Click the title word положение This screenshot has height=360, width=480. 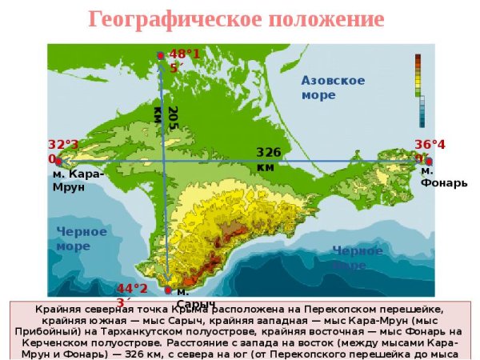click(318, 19)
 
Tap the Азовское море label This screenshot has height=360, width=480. click(333, 87)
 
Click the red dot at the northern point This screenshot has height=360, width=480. click(161, 55)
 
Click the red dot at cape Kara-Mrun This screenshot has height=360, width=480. click(58, 161)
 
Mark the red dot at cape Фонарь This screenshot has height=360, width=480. click(429, 161)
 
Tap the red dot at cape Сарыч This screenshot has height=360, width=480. click(168, 290)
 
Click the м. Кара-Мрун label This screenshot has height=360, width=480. click(78, 180)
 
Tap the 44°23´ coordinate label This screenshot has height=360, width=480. click(132, 294)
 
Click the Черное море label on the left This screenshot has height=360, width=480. click(81, 238)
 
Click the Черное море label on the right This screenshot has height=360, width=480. click(357, 257)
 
